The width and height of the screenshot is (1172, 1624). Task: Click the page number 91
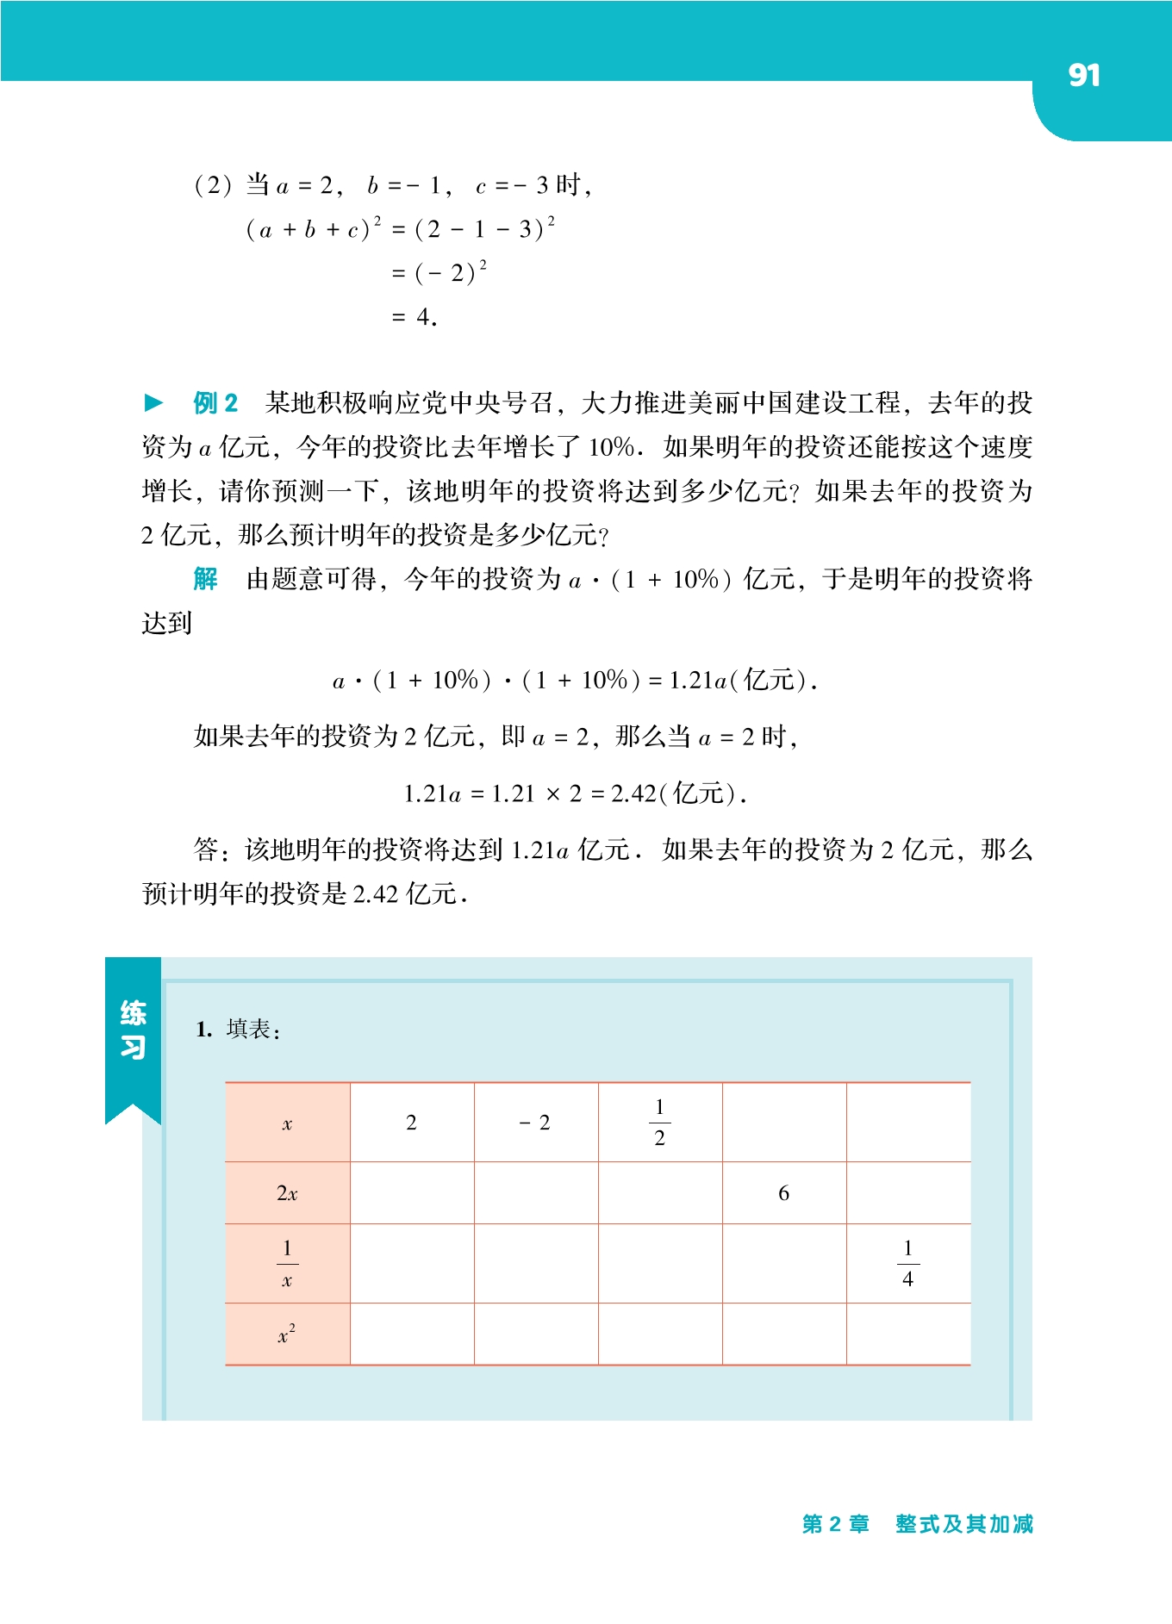coord(1083,76)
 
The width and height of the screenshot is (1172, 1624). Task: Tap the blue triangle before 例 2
coord(153,402)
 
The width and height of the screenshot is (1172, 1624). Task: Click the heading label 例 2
coord(215,403)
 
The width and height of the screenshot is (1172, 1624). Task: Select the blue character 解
coord(205,579)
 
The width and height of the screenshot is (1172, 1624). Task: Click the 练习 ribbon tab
coord(133,1030)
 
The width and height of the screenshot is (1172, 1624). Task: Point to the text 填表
coord(252,1030)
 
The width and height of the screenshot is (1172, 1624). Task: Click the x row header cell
coord(287,1123)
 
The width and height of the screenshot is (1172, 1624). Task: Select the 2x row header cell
coord(287,1193)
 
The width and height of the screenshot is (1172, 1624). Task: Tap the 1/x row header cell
coord(287,1264)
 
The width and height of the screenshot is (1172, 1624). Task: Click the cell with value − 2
coord(535,1123)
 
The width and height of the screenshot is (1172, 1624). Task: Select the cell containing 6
coord(783,1193)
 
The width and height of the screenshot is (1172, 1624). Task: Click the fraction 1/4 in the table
coord(907,1264)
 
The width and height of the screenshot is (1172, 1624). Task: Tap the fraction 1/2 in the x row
coord(659,1123)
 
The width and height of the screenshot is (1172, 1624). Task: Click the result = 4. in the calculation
coord(415,318)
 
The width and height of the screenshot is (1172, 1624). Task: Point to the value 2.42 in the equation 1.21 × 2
coord(633,793)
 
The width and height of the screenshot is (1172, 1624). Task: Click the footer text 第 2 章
coord(835,1524)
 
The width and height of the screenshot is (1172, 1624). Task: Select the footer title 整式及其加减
coord(963,1524)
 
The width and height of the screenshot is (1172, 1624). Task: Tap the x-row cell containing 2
coord(411,1123)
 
